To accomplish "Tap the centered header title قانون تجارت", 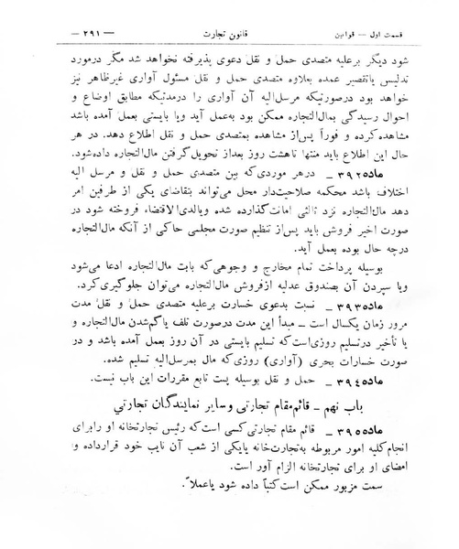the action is click(229, 16).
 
